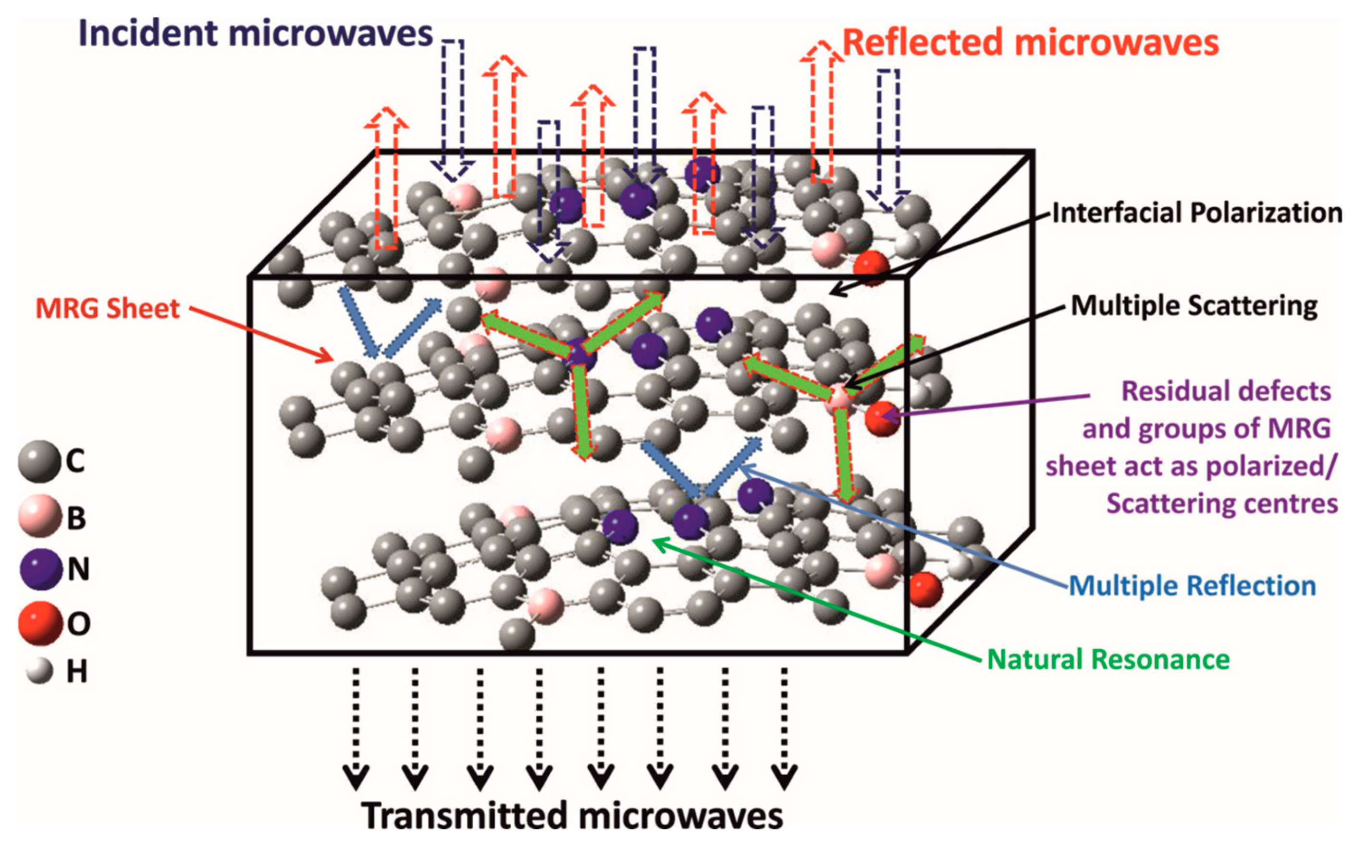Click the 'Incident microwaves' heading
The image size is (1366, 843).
[x=256, y=34]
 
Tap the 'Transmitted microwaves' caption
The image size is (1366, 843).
[x=573, y=815]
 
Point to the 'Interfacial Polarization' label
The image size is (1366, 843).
[x=1197, y=214]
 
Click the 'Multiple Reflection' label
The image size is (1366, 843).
[x=1192, y=585]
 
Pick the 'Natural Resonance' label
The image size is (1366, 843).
[x=1108, y=660]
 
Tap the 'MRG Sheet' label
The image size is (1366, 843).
[x=108, y=308]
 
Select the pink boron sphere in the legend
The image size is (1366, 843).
[x=39, y=516]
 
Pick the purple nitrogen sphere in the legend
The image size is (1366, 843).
[x=40, y=569]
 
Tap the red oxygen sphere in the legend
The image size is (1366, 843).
[x=40, y=623]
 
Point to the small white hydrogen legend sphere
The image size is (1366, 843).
[x=39, y=671]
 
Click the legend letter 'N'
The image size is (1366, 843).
[x=78, y=569]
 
